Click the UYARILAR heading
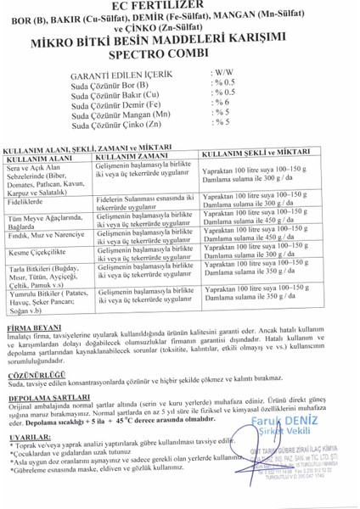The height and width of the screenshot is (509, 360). coord(25,437)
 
